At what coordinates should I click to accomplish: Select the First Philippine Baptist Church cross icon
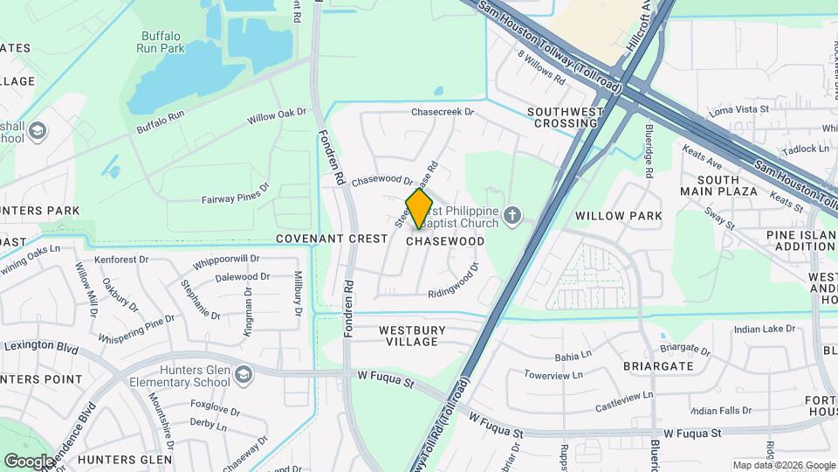[513, 214]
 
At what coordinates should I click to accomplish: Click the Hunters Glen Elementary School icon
[244, 375]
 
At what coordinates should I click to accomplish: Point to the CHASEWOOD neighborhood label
[445, 240]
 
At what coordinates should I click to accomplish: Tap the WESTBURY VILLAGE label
[412, 336]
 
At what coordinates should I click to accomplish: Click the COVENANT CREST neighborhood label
[332, 239]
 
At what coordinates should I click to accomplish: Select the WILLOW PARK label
[619, 215]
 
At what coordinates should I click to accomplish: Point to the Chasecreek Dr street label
[442, 112]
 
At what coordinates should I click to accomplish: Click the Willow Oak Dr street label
[277, 115]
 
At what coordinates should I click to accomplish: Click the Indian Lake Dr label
[765, 330]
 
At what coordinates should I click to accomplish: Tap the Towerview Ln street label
[553, 375]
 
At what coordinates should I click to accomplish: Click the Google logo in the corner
[29, 461]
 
